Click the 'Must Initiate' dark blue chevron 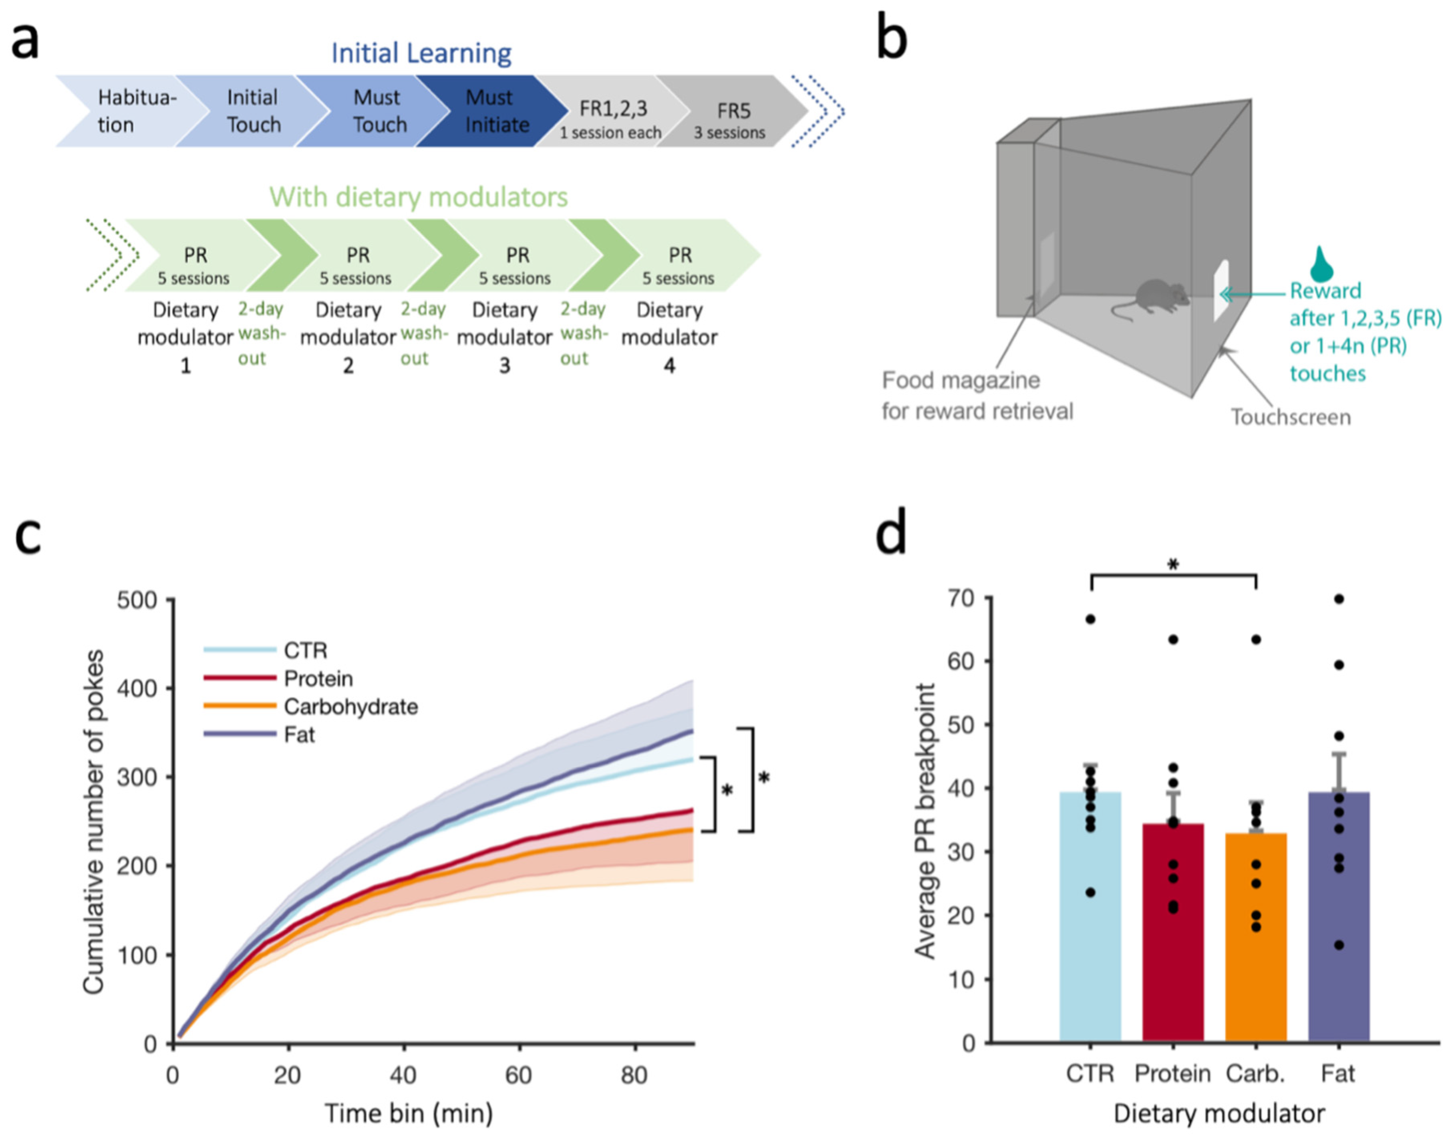(x=494, y=111)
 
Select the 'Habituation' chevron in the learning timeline (x=130, y=111)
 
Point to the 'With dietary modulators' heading (x=419, y=197)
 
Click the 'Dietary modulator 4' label (x=669, y=337)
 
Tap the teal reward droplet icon (x=1321, y=264)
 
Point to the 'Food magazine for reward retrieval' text (x=977, y=395)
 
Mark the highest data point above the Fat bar (x=1339, y=599)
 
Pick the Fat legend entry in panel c (x=299, y=735)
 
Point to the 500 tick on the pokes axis (x=137, y=600)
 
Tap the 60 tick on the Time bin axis (x=518, y=1075)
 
